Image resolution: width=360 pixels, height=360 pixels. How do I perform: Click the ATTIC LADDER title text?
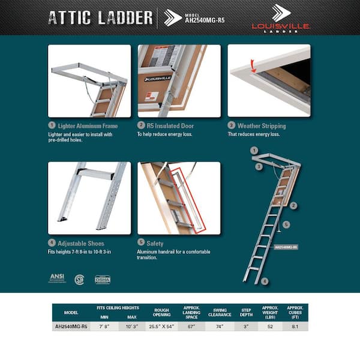pos(100,17)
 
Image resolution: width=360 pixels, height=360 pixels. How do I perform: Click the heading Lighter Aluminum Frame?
pos(88,126)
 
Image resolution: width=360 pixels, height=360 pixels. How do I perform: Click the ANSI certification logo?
pos(56,278)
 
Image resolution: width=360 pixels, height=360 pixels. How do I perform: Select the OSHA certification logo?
pos(103,279)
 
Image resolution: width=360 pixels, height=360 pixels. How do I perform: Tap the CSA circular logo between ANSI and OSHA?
pos(79,279)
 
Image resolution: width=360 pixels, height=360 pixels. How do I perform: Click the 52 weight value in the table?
pos(270,327)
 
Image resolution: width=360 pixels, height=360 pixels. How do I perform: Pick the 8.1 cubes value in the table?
pos(294,327)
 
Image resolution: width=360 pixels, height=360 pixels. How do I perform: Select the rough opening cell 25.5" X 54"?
pos(162,327)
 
